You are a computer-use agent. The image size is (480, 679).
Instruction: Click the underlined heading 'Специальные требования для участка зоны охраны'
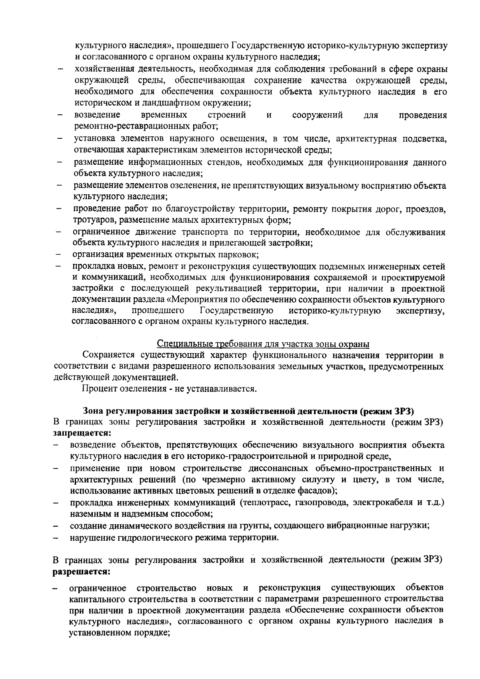point(263,344)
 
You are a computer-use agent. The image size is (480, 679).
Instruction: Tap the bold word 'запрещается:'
point(82,433)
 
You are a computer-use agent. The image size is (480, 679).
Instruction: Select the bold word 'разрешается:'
point(82,571)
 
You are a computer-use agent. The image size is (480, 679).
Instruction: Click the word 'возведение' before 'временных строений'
point(97,116)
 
